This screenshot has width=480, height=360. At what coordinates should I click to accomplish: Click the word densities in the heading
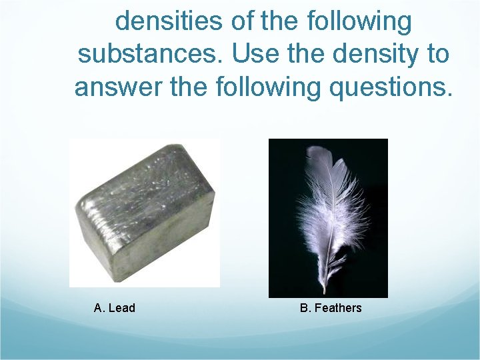click(x=168, y=21)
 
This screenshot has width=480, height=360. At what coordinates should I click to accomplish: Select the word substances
click(x=151, y=54)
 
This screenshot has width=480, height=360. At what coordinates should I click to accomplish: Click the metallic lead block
click(x=144, y=213)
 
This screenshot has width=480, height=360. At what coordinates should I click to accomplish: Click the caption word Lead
click(x=121, y=308)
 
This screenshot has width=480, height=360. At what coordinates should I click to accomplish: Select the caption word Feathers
click(x=338, y=308)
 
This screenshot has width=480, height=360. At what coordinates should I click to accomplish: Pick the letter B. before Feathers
click(x=305, y=308)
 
